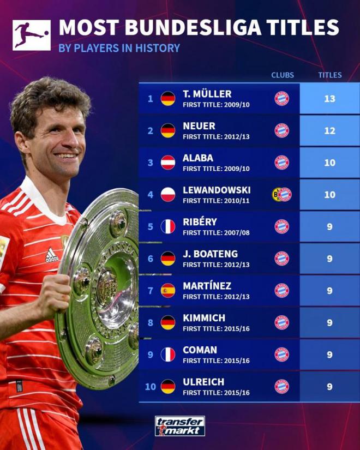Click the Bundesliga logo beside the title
31,35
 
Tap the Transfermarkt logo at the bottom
180,425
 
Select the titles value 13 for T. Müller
329,99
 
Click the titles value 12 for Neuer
329,131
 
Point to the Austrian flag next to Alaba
168,163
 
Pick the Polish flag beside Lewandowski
168,195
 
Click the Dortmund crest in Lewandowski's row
277,195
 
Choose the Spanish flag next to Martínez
168,290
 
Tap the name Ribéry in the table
199,222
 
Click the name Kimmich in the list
204,317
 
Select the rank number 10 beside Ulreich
151,387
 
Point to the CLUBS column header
282,75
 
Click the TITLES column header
329,75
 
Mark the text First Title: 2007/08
216,232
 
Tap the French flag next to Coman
168,355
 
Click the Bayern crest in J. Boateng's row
282,259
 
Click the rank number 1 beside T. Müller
151,99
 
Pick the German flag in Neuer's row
168,131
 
